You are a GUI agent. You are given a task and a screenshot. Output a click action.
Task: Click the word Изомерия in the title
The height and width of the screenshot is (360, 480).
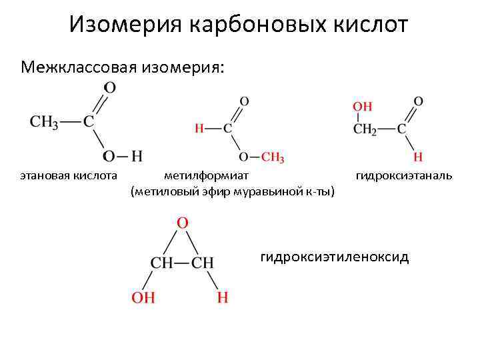tap(126, 25)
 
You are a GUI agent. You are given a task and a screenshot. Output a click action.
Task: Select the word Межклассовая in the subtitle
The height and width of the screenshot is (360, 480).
tap(74, 68)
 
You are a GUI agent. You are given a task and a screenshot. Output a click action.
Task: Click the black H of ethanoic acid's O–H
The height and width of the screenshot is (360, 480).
tap(137, 157)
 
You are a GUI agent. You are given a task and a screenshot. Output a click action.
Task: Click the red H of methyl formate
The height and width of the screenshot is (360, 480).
tap(198, 129)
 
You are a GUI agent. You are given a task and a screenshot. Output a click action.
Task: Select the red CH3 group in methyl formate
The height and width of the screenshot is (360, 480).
tap(272, 157)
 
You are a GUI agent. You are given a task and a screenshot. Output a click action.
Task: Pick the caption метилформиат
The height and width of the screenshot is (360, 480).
tap(206, 175)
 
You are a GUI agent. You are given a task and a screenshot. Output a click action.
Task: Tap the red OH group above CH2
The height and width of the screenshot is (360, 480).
tap(362, 107)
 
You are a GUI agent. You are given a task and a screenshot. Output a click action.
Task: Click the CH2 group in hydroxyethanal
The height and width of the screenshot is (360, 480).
tap(365, 129)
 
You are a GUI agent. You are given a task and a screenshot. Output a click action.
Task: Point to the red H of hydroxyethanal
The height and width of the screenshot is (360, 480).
tap(418, 157)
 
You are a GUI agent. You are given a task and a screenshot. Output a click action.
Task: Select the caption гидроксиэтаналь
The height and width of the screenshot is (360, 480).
tap(403, 175)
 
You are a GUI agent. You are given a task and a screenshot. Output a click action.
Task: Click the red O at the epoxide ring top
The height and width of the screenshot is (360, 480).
tap(182, 223)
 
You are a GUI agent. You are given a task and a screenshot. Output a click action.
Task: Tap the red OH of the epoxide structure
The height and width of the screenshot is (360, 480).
tap(143, 297)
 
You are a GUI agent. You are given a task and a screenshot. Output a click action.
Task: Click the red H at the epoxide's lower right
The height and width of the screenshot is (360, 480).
tap(222, 297)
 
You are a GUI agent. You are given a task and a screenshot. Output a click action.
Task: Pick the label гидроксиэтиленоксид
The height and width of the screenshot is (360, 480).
tap(335, 257)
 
